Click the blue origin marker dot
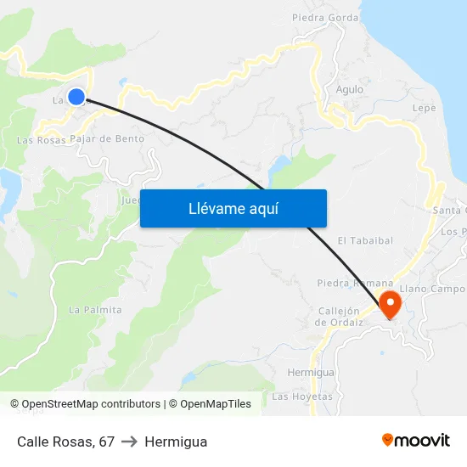click(76, 97)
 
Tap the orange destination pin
click(390, 304)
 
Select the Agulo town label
click(350, 89)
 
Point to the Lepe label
click(424, 109)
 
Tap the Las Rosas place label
click(41, 140)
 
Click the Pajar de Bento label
click(107, 138)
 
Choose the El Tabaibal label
click(365, 240)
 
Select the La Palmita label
click(95, 310)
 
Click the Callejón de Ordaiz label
click(340, 316)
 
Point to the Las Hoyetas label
click(302, 397)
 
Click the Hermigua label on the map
click(311, 373)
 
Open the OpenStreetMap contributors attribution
click(91, 404)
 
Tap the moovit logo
click(416, 441)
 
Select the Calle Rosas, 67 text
click(65, 442)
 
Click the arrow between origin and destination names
click(130, 442)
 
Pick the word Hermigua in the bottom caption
click(176, 442)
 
